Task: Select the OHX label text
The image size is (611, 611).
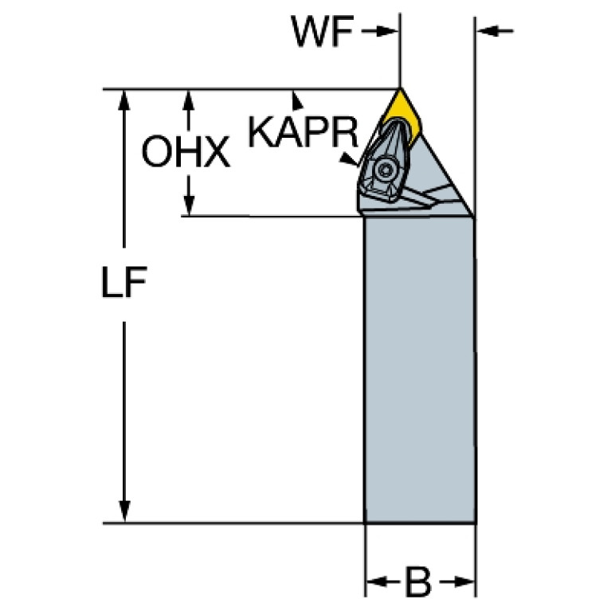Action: pos(186,151)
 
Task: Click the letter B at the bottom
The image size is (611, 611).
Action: pos(418,582)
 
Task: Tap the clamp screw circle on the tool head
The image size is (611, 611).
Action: pos(386,169)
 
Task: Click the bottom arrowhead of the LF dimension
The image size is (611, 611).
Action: pos(124,513)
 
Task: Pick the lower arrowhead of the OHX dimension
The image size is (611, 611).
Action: pos(189,206)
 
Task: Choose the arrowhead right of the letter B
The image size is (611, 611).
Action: pos(465,582)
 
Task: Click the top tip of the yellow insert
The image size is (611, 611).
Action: pos(399,90)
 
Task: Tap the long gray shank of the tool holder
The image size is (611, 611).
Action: pos(420,366)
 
